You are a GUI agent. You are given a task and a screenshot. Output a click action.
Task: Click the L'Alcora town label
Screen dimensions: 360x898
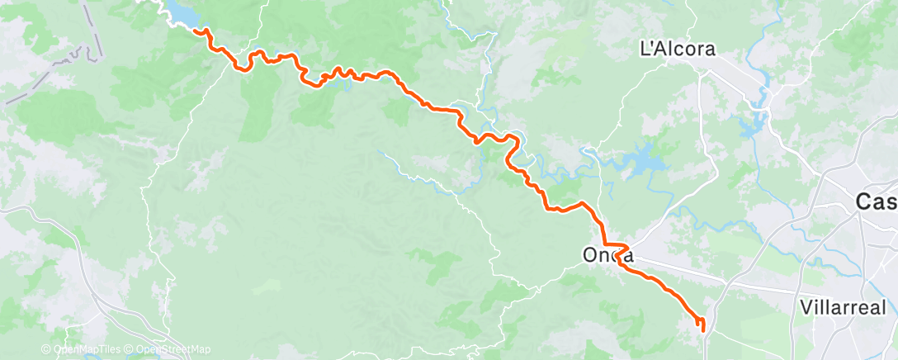point(678,49)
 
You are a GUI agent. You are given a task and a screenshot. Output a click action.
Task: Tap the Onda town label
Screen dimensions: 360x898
point(607,255)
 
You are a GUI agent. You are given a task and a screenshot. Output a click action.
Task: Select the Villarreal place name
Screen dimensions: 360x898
point(843,307)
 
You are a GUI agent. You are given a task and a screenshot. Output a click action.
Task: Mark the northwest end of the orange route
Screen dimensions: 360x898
point(196,31)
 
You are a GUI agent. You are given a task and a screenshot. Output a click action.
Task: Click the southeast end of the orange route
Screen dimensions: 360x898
point(702,329)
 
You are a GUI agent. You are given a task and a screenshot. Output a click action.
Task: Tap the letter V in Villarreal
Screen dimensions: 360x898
point(806,307)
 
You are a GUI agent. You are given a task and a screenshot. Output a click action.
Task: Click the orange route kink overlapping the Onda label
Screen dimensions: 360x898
point(621,249)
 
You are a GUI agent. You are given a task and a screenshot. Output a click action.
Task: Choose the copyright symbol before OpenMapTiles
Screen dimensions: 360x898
point(46,349)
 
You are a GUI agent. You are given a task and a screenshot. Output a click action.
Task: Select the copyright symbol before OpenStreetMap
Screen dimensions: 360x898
point(130,349)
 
